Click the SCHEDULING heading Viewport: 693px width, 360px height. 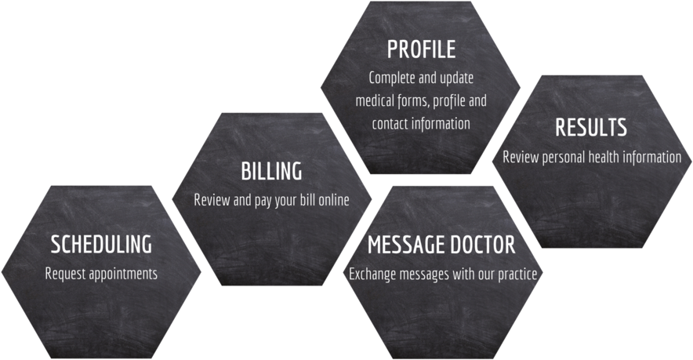click(x=101, y=244)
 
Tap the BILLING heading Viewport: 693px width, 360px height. click(x=271, y=171)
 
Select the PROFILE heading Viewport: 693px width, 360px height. click(x=421, y=49)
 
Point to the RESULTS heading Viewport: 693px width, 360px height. click(x=591, y=127)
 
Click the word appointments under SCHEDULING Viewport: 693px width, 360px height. click(x=123, y=274)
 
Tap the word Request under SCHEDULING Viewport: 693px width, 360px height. click(x=65, y=274)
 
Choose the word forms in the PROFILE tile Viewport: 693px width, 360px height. click(x=414, y=101)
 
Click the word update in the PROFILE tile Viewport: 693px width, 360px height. click(x=457, y=78)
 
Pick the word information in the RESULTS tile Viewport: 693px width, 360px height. click(x=654, y=157)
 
